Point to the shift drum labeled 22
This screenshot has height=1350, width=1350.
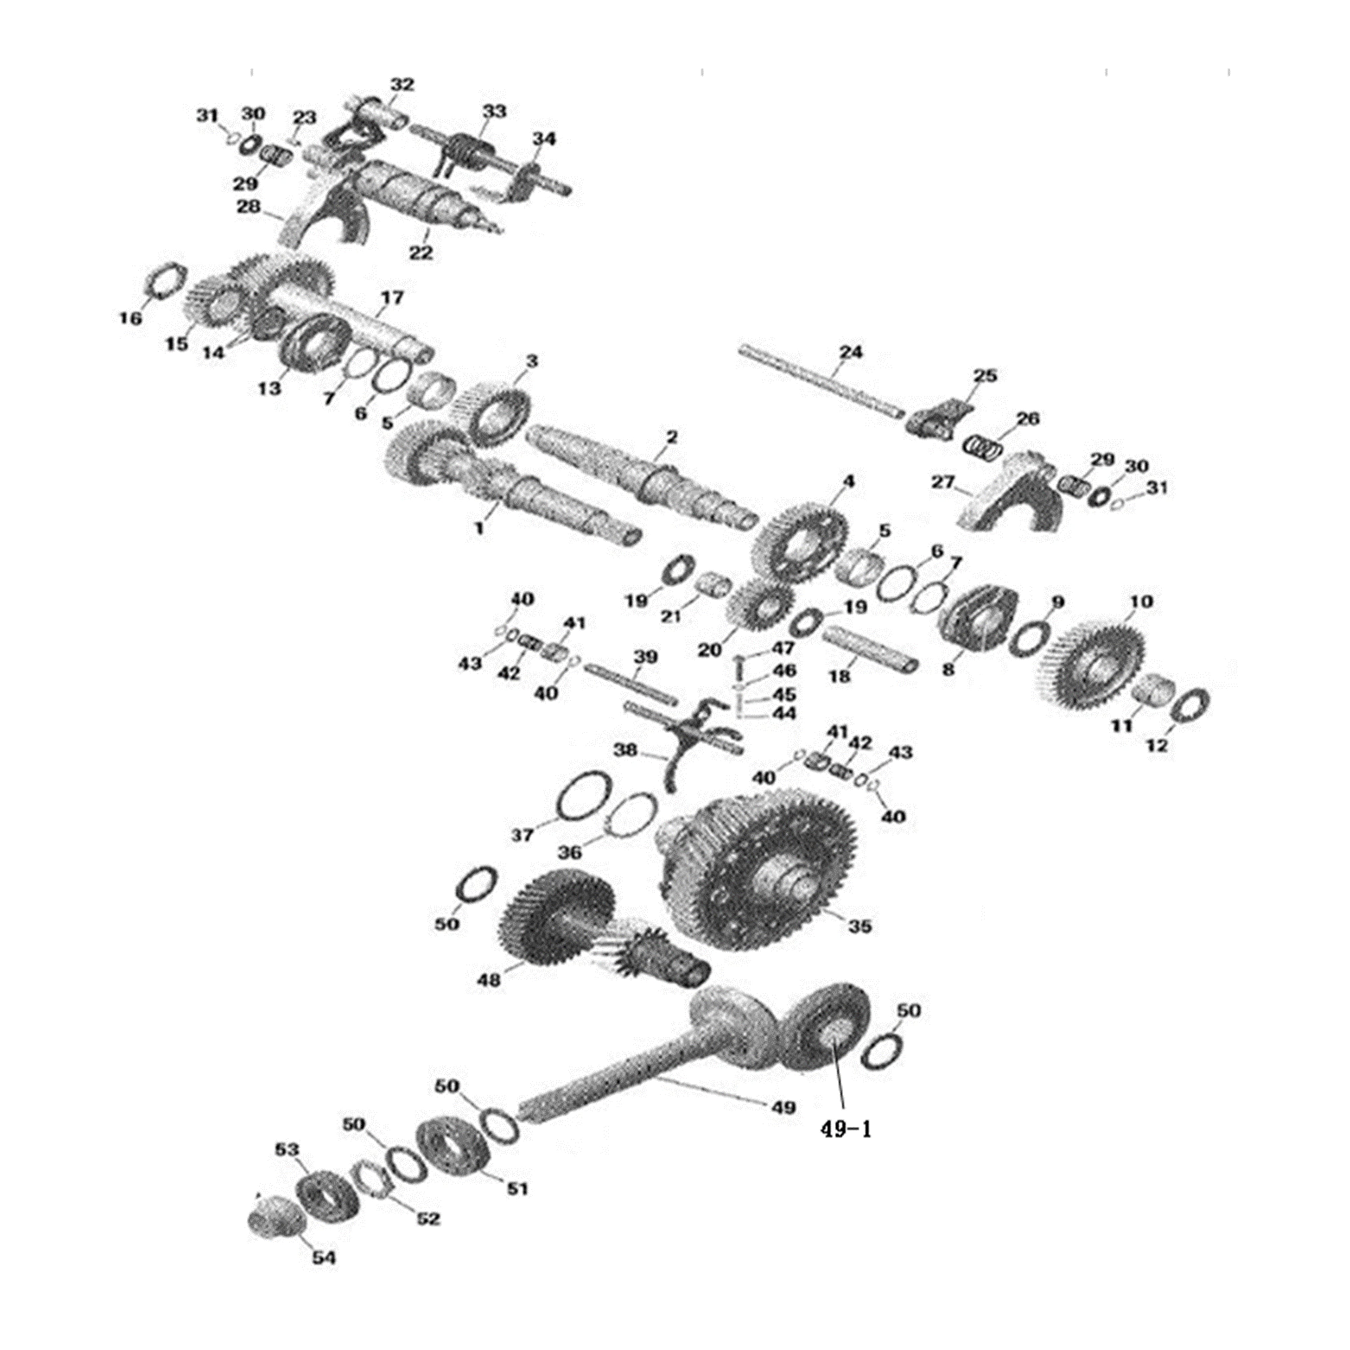coord(419,196)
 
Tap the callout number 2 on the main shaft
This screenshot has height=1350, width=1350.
coord(672,438)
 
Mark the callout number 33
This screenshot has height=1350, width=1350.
coord(494,112)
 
